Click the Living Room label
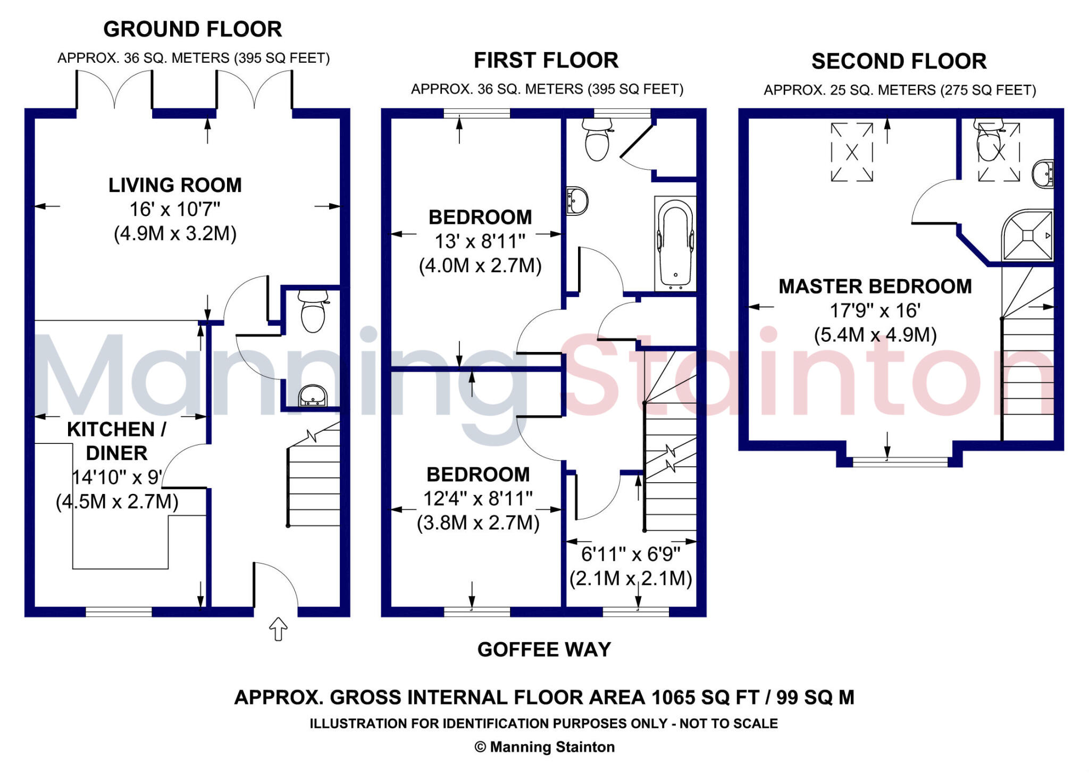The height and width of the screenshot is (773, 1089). point(175,185)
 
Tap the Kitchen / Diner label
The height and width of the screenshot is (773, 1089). point(116,441)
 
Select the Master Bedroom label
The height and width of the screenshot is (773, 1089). point(875,287)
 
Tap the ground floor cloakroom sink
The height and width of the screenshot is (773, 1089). point(313,396)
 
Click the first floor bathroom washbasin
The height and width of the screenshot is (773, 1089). point(576,201)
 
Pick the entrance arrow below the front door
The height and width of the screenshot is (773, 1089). point(278,629)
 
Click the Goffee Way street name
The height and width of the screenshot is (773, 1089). point(544,650)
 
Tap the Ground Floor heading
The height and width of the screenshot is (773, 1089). point(192,29)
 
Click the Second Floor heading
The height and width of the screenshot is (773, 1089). point(899,61)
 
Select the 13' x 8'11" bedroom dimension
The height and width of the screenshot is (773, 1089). point(480,241)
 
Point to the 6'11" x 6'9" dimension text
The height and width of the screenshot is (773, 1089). point(631,554)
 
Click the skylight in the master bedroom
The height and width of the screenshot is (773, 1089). point(852,153)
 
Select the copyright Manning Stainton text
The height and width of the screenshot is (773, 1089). point(544,747)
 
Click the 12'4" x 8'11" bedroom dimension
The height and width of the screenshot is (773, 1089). point(478,499)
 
